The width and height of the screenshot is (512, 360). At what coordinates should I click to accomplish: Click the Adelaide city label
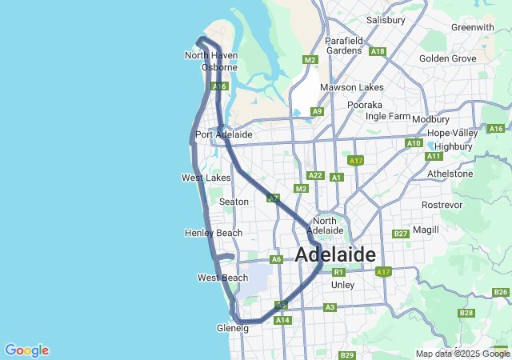pyautogui.click(x=335, y=255)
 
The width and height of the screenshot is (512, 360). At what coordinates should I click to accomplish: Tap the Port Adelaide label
pyautogui.click(x=224, y=134)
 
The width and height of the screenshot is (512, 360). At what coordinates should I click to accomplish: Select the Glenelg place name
pyautogui.click(x=233, y=328)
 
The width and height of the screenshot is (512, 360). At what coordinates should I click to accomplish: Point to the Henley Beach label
pyautogui.click(x=214, y=233)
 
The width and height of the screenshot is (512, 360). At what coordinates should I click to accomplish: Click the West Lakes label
pyautogui.click(x=206, y=178)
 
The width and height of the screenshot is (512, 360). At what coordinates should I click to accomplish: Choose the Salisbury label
pyautogui.click(x=386, y=20)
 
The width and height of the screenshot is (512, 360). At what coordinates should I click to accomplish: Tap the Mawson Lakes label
pyautogui.click(x=352, y=87)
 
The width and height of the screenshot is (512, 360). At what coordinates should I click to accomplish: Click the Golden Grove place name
pyautogui.click(x=448, y=58)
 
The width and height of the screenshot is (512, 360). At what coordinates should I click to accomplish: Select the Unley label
pyautogui.click(x=342, y=285)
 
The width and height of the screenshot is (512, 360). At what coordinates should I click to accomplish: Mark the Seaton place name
pyautogui.click(x=234, y=202)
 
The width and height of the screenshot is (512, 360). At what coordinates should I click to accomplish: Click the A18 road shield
pyautogui.click(x=378, y=51)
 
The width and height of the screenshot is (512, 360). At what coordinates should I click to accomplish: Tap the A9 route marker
pyautogui.click(x=318, y=111)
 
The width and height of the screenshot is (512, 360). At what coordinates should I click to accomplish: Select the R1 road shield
pyautogui.click(x=338, y=272)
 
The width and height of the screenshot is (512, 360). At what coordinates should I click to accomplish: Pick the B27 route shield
pyautogui.click(x=401, y=234)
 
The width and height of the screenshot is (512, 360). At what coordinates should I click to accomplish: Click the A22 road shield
pyautogui.click(x=314, y=175)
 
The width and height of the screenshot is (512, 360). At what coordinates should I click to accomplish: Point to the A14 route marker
pyautogui.click(x=282, y=320)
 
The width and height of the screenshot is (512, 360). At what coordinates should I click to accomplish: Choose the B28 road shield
pyautogui.click(x=467, y=313)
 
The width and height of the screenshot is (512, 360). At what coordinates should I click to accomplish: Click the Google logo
pyautogui.click(x=26, y=350)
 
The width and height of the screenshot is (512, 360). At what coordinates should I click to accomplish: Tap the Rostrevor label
pyautogui.click(x=442, y=205)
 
